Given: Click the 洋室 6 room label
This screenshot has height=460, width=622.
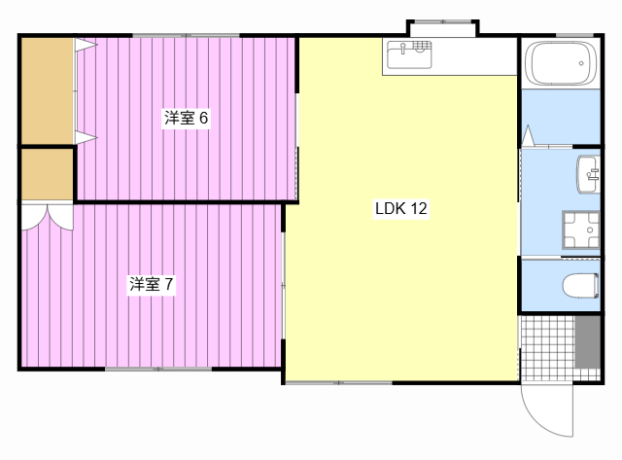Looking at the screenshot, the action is click(x=186, y=118).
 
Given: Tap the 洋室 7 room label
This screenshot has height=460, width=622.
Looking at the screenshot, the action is click(x=152, y=284).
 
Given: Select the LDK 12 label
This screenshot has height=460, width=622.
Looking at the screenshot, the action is click(x=401, y=208).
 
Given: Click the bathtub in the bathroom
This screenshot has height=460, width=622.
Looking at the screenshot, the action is click(x=561, y=63).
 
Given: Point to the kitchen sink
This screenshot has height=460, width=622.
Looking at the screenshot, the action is click(x=409, y=54).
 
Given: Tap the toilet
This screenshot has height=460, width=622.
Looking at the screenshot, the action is click(x=580, y=285).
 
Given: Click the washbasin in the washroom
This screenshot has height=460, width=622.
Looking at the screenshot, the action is click(x=588, y=174).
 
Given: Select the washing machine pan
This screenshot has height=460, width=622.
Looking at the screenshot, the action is click(x=581, y=230).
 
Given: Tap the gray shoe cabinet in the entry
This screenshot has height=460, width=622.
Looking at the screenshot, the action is click(x=587, y=342).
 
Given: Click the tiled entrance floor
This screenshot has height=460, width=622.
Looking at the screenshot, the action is click(x=547, y=348).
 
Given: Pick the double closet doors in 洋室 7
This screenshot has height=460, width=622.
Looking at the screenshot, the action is click(x=48, y=217).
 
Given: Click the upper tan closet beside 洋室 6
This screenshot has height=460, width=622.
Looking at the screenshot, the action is click(x=48, y=90).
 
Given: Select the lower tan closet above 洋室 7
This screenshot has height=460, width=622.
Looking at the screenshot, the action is click(x=48, y=174).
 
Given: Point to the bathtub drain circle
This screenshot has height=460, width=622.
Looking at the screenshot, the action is click(x=581, y=63).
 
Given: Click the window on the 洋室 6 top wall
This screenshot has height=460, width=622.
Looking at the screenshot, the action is click(x=186, y=36).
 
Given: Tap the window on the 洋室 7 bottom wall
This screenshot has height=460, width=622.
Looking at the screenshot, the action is click(x=158, y=370).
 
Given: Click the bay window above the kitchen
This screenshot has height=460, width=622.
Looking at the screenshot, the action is click(x=443, y=28).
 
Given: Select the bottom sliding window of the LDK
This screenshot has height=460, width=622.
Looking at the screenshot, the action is click(x=339, y=383).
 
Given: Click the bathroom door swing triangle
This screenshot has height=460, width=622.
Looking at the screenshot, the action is click(x=528, y=136).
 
